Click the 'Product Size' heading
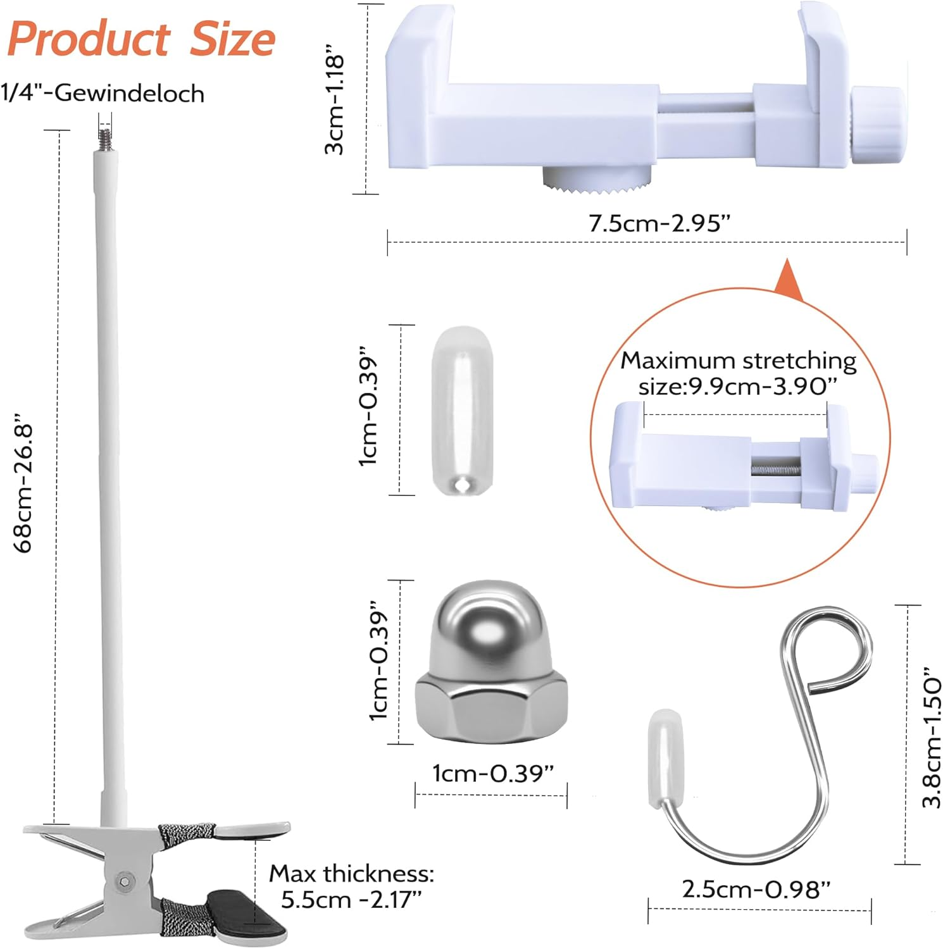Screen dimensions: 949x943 141,39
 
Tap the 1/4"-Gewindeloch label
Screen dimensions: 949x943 103,94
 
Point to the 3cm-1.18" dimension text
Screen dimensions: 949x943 334,104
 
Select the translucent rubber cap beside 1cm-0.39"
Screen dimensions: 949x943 462,410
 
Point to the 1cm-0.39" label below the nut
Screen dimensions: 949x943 492,772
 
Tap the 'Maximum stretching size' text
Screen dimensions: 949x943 738,373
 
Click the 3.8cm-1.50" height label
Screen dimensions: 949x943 932,737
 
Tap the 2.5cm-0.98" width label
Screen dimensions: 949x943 756,889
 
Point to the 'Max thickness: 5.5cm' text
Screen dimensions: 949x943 352,886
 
